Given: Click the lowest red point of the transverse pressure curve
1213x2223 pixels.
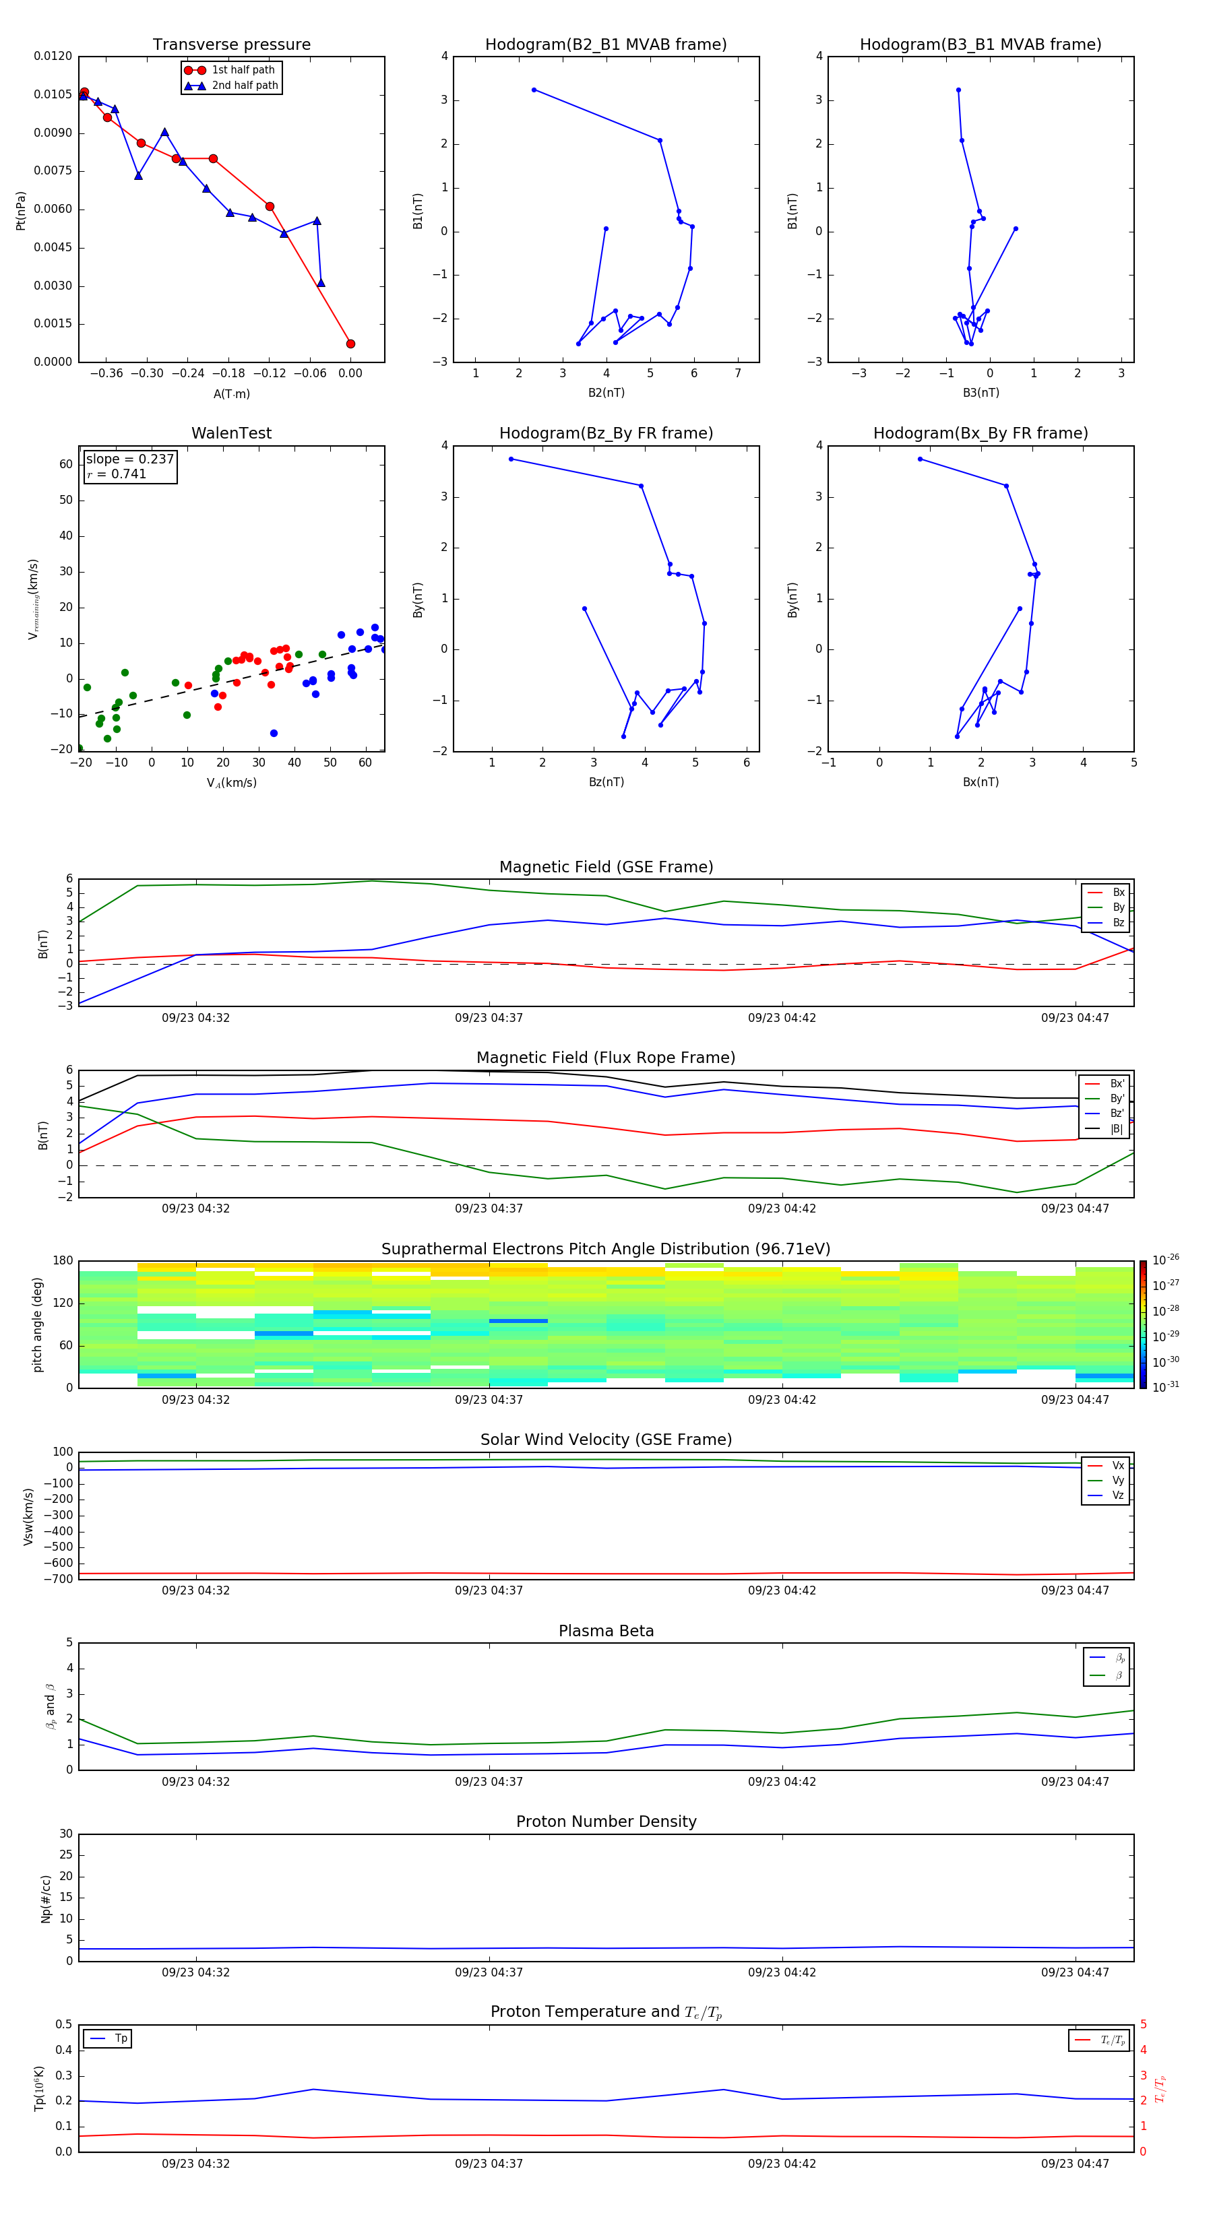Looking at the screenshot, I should [350, 344].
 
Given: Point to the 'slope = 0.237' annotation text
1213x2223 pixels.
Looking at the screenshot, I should [129, 459].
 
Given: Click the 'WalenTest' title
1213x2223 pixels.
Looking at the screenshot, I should [231, 433].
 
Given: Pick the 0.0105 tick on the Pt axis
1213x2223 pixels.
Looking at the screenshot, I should [53, 94].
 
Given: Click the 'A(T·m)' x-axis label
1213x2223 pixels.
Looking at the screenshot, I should [231, 393].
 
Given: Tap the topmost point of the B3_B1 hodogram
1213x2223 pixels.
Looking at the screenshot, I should [958, 90].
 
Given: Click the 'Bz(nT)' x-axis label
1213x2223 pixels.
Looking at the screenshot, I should [606, 782].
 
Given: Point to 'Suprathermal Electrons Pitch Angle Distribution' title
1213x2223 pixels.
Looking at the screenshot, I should [605, 1249].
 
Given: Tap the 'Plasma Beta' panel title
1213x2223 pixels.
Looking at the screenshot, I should [605, 1631].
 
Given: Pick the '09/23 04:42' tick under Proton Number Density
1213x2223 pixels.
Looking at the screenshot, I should [781, 1972].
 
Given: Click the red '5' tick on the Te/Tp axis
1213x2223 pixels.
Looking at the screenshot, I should [1143, 2024].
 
